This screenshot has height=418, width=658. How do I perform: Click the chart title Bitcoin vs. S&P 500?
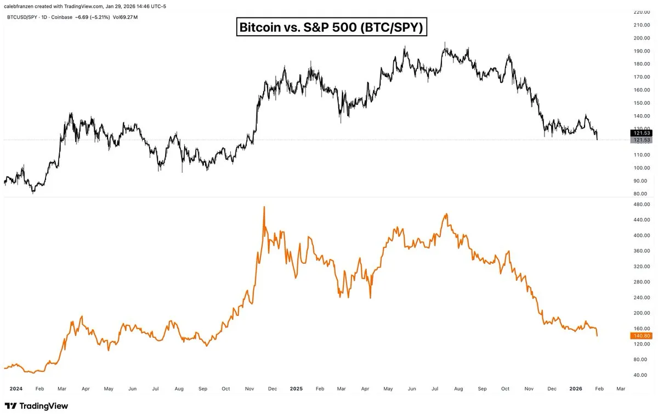331,27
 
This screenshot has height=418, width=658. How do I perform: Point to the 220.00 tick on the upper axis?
641,12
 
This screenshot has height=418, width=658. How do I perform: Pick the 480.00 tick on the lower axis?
641,205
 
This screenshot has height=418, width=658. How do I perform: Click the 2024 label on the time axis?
15,388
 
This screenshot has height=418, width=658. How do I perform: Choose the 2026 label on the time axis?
575,388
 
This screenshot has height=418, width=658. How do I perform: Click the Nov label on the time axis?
529,388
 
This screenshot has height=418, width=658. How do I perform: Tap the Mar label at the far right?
620,388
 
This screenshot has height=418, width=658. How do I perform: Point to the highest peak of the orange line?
264,207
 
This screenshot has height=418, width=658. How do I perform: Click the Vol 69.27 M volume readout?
126,18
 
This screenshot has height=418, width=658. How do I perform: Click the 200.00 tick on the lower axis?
641,313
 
